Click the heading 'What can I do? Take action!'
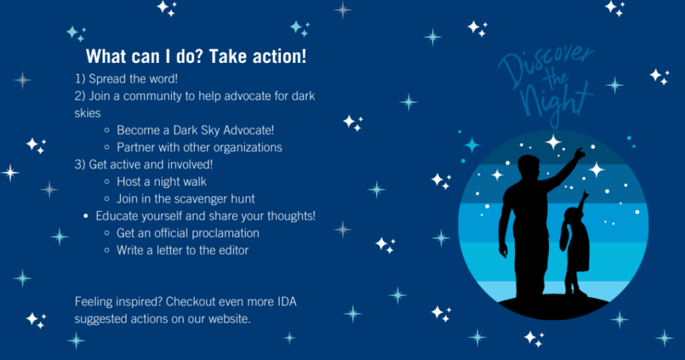196,56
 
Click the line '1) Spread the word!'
126,79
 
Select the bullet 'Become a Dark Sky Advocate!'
195,130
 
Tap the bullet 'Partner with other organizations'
199,147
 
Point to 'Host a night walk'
162,181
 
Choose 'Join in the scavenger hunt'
186,199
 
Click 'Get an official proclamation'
188,233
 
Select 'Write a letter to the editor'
183,250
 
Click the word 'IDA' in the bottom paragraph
286,302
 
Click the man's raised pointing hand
579,153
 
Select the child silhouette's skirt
577,255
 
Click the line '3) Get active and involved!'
144,164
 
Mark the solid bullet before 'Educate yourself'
86,216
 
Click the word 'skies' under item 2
88,113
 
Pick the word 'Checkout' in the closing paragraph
191,302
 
